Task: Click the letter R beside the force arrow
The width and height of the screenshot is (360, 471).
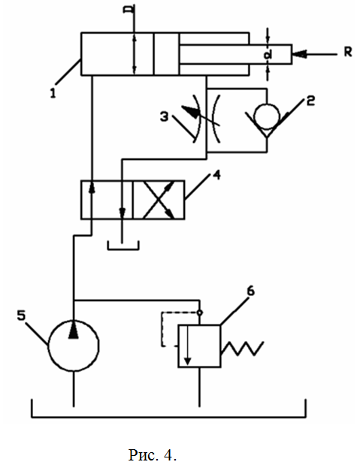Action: [348, 52]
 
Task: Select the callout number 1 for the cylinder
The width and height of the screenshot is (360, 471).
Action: [53, 93]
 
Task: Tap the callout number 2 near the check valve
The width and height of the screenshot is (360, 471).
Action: [310, 101]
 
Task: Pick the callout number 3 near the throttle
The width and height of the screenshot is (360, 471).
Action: [164, 117]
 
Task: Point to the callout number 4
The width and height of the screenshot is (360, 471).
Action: [216, 175]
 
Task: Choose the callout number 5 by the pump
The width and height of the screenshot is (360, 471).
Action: [21, 316]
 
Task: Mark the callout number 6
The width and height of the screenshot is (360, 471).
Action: [250, 291]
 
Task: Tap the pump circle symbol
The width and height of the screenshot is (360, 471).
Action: [48, 346]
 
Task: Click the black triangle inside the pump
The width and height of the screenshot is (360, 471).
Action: [74, 329]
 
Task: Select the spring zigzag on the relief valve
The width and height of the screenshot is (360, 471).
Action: [242, 349]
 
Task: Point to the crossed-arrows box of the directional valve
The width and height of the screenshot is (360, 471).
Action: [159, 200]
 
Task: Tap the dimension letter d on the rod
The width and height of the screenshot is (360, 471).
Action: [268, 55]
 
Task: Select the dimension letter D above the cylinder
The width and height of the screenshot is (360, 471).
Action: [129, 9]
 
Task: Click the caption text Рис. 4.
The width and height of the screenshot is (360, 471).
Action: [153, 454]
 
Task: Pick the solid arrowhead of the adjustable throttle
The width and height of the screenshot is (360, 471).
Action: [190, 111]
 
